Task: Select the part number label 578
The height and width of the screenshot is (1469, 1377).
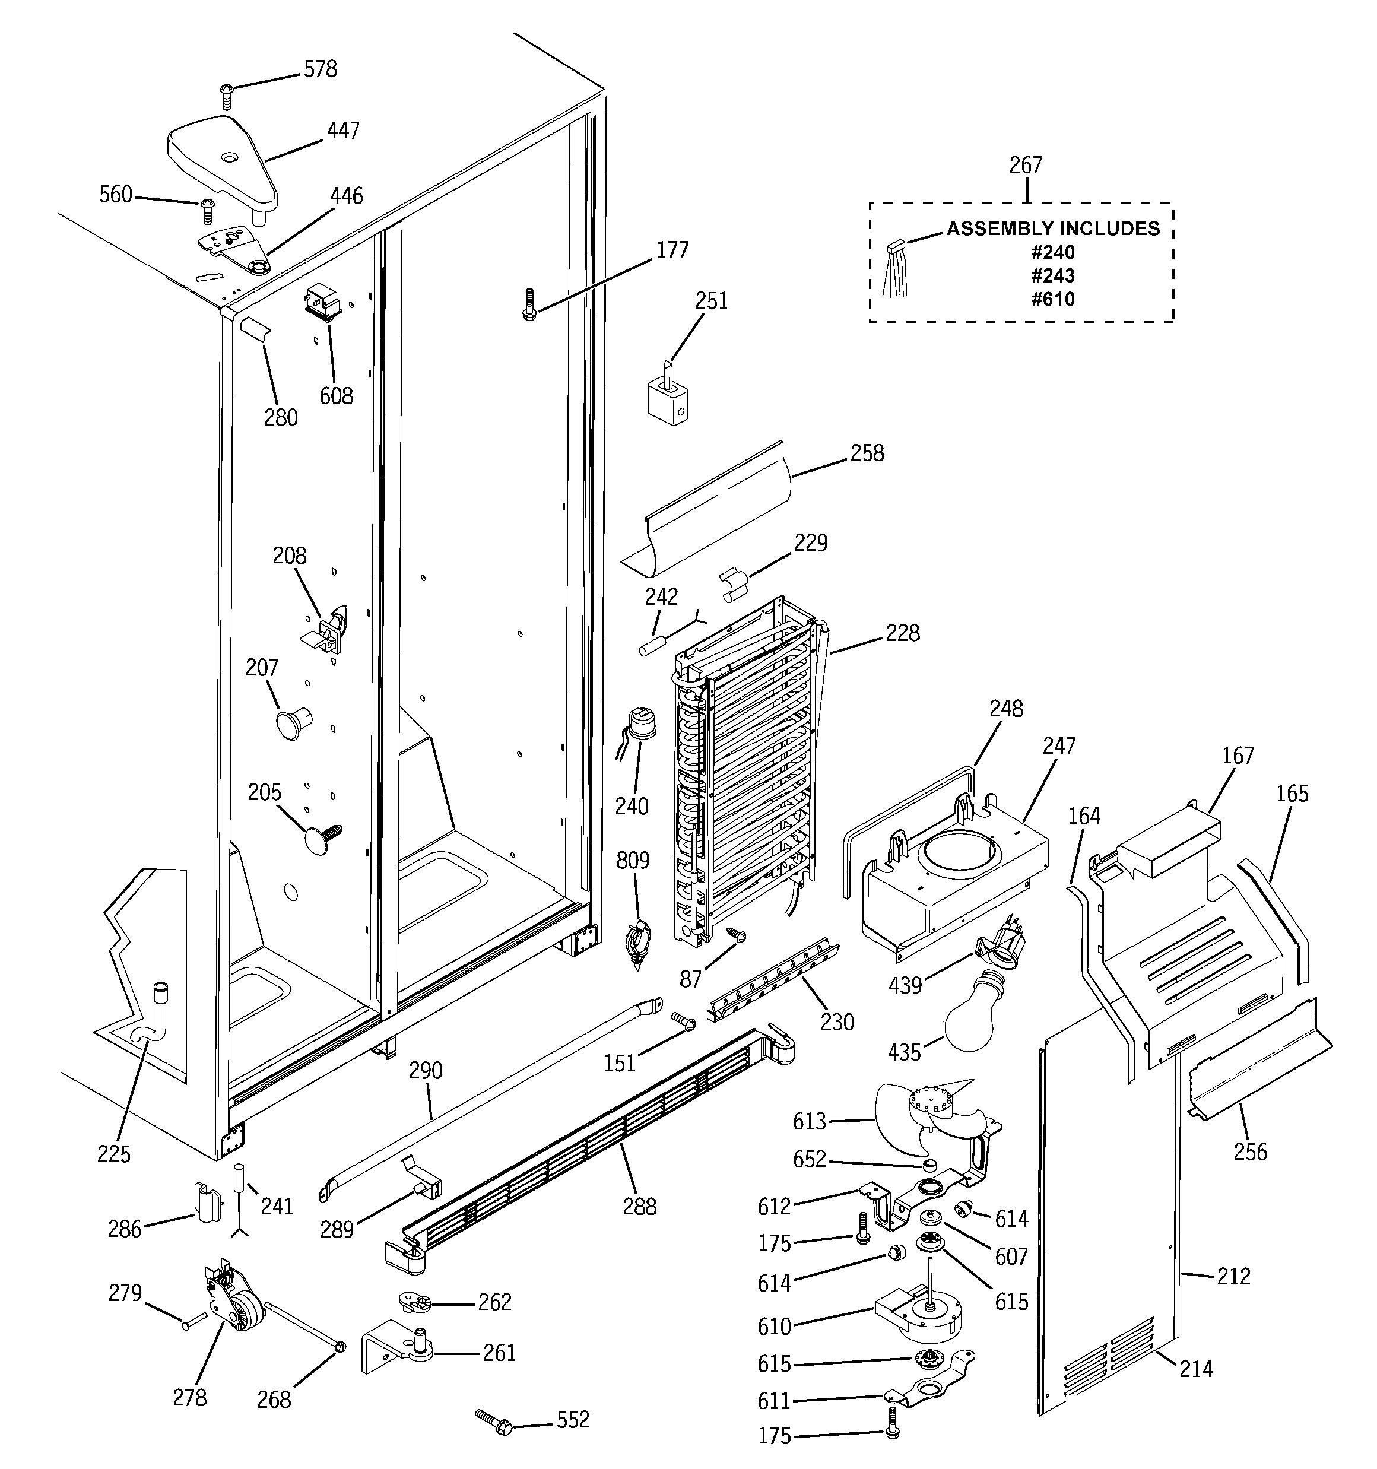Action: point(320,69)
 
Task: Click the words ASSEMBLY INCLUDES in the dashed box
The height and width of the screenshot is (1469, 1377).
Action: point(1054,229)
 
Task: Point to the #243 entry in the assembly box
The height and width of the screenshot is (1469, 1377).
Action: point(1054,275)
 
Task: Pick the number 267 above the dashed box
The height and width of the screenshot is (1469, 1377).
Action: point(1025,165)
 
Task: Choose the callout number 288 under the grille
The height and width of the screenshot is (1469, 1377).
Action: point(639,1207)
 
